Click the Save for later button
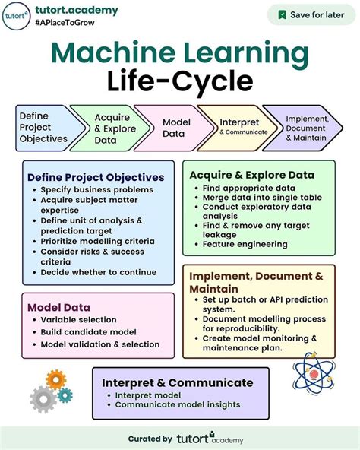[311, 14]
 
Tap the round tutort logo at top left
[16, 15]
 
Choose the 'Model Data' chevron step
[173, 128]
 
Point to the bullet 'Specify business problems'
[97, 189]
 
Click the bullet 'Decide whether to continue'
[99, 271]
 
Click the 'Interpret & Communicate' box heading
[178, 382]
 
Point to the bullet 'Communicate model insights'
[178, 405]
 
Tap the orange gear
[56, 379]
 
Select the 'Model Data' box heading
[58, 307]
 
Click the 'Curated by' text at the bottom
[150, 438]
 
